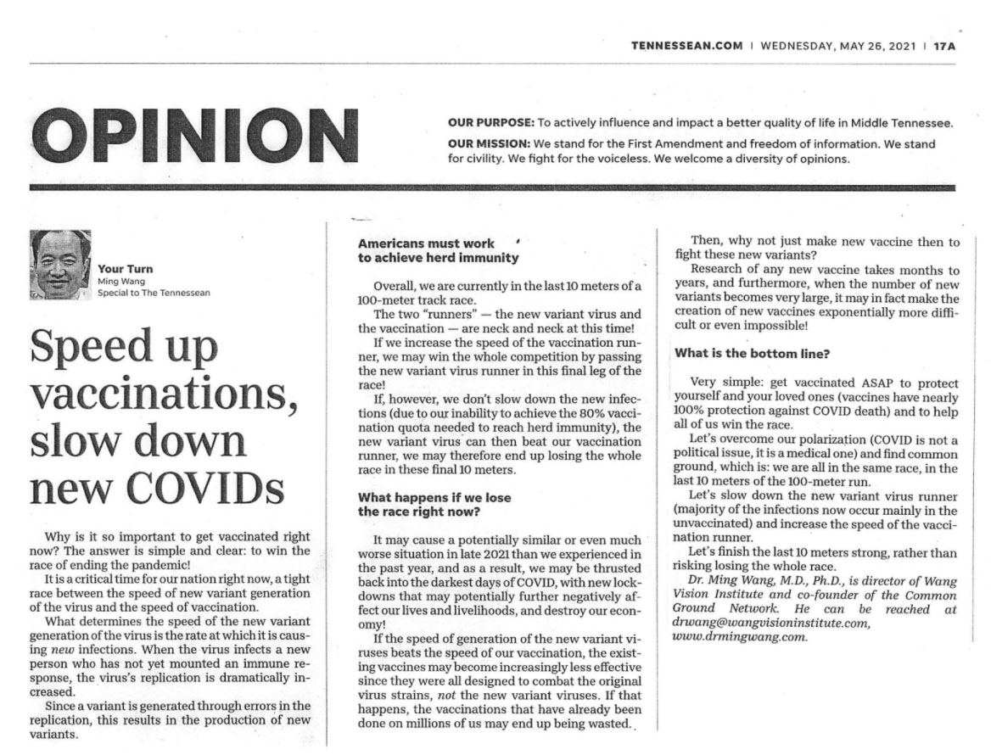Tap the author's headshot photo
(x=61, y=264)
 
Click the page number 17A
(x=943, y=46)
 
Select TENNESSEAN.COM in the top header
(x=687, y=46)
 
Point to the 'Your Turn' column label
(x=126, y=269)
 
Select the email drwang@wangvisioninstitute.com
(x=771, y=623)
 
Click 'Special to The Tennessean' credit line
(x=154, y=293)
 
